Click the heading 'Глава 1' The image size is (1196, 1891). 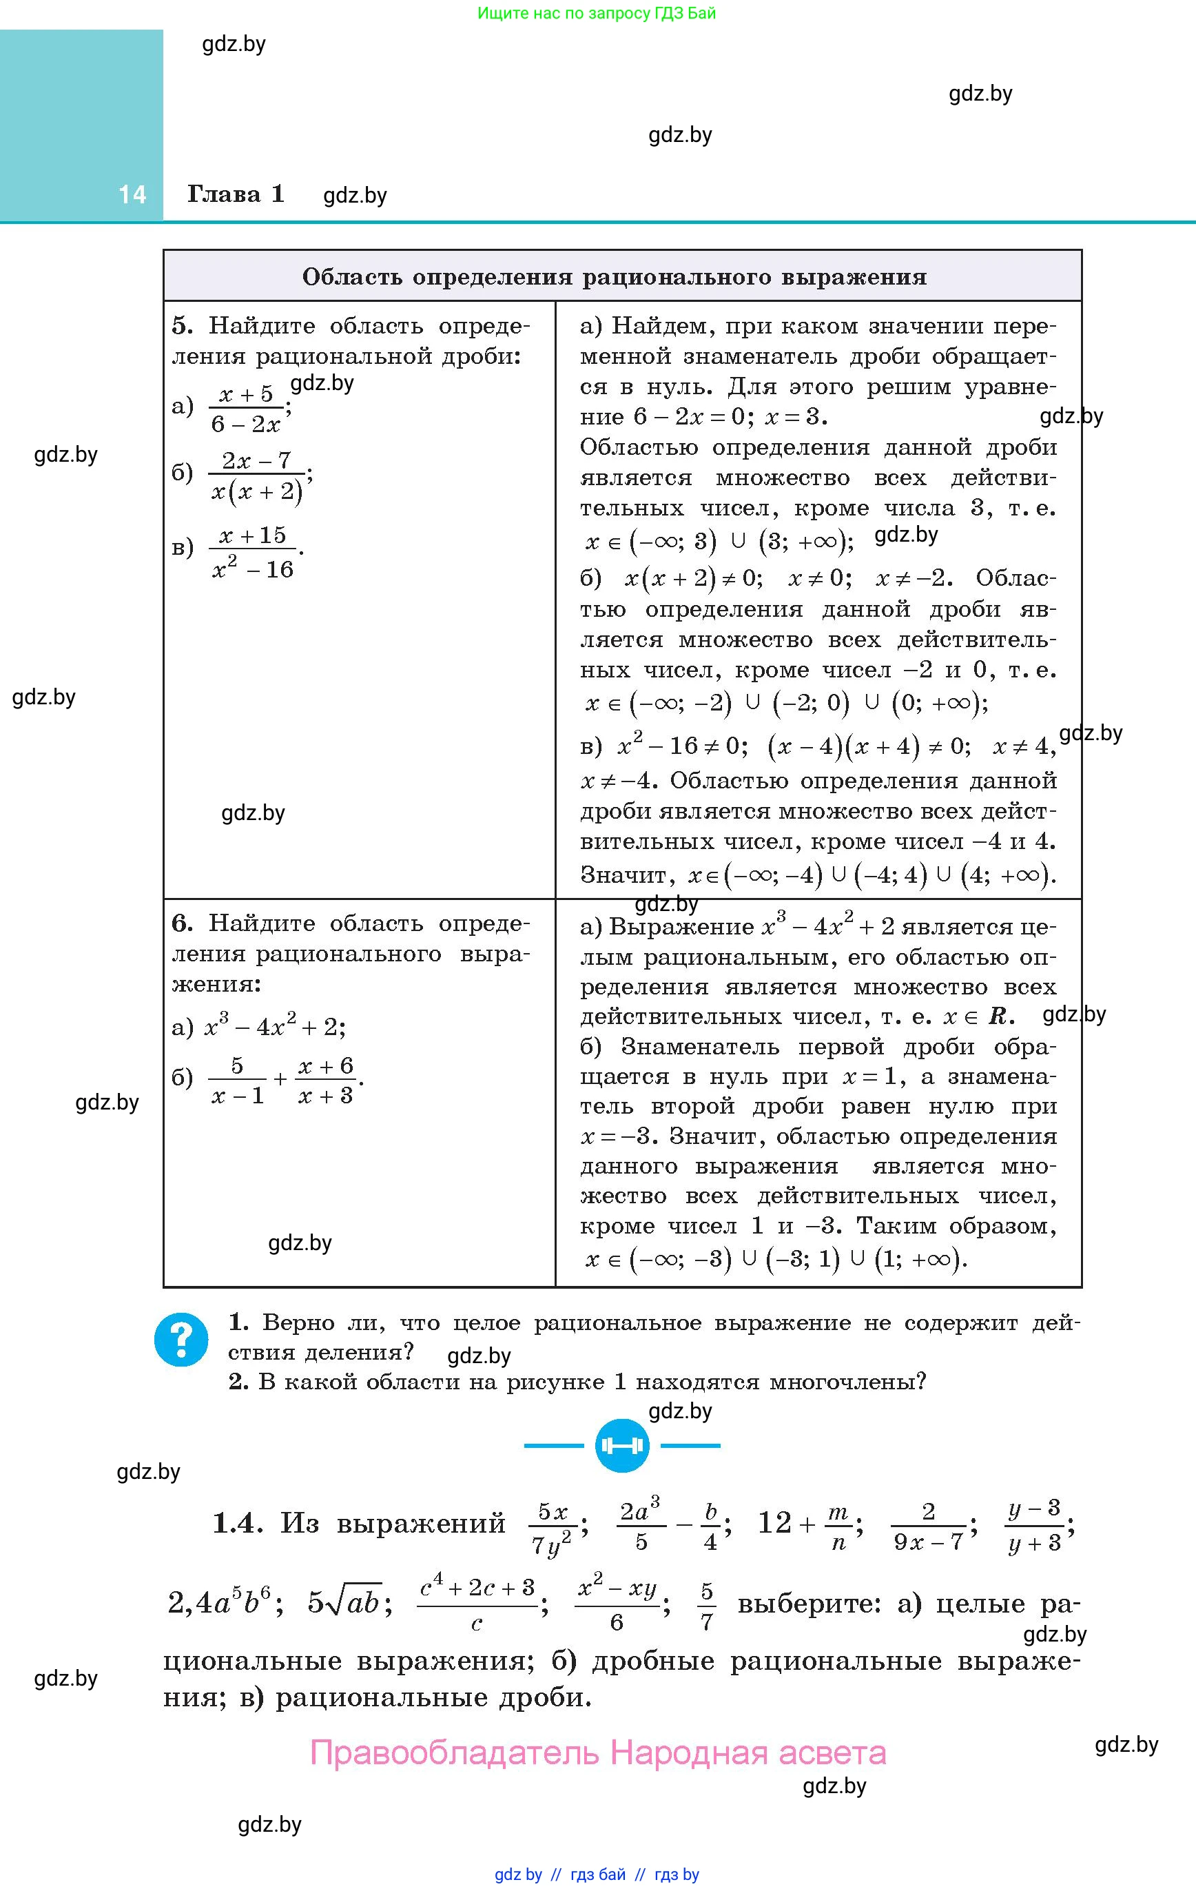236,194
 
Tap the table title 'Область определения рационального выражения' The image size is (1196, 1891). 614,277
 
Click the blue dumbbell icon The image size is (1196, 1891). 621,1446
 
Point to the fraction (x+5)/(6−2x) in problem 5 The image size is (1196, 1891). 247,409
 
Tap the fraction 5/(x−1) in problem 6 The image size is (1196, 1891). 237,1081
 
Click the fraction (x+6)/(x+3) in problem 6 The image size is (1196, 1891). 325,1081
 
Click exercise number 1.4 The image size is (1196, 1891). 236,1524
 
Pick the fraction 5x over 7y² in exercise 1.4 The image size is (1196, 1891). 552,1527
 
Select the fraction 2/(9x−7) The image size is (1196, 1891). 928,1526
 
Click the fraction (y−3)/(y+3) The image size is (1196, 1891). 1033,1525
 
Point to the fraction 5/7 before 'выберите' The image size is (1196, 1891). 707,1605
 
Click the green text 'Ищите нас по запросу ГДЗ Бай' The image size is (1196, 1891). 597,13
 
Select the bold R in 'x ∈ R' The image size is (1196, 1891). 998,1017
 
